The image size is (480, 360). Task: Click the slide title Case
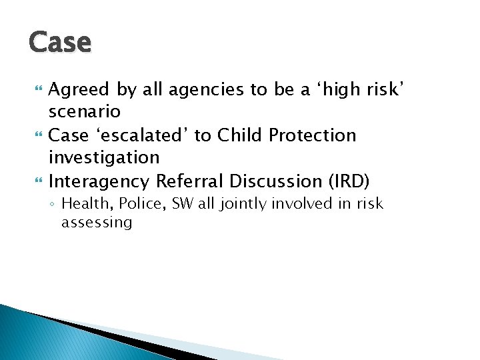point(60,43)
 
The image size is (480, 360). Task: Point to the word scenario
point(84,112)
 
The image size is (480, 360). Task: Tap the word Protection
point(313,135)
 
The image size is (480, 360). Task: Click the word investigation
point(104,157)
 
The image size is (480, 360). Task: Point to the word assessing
point(97,223)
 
